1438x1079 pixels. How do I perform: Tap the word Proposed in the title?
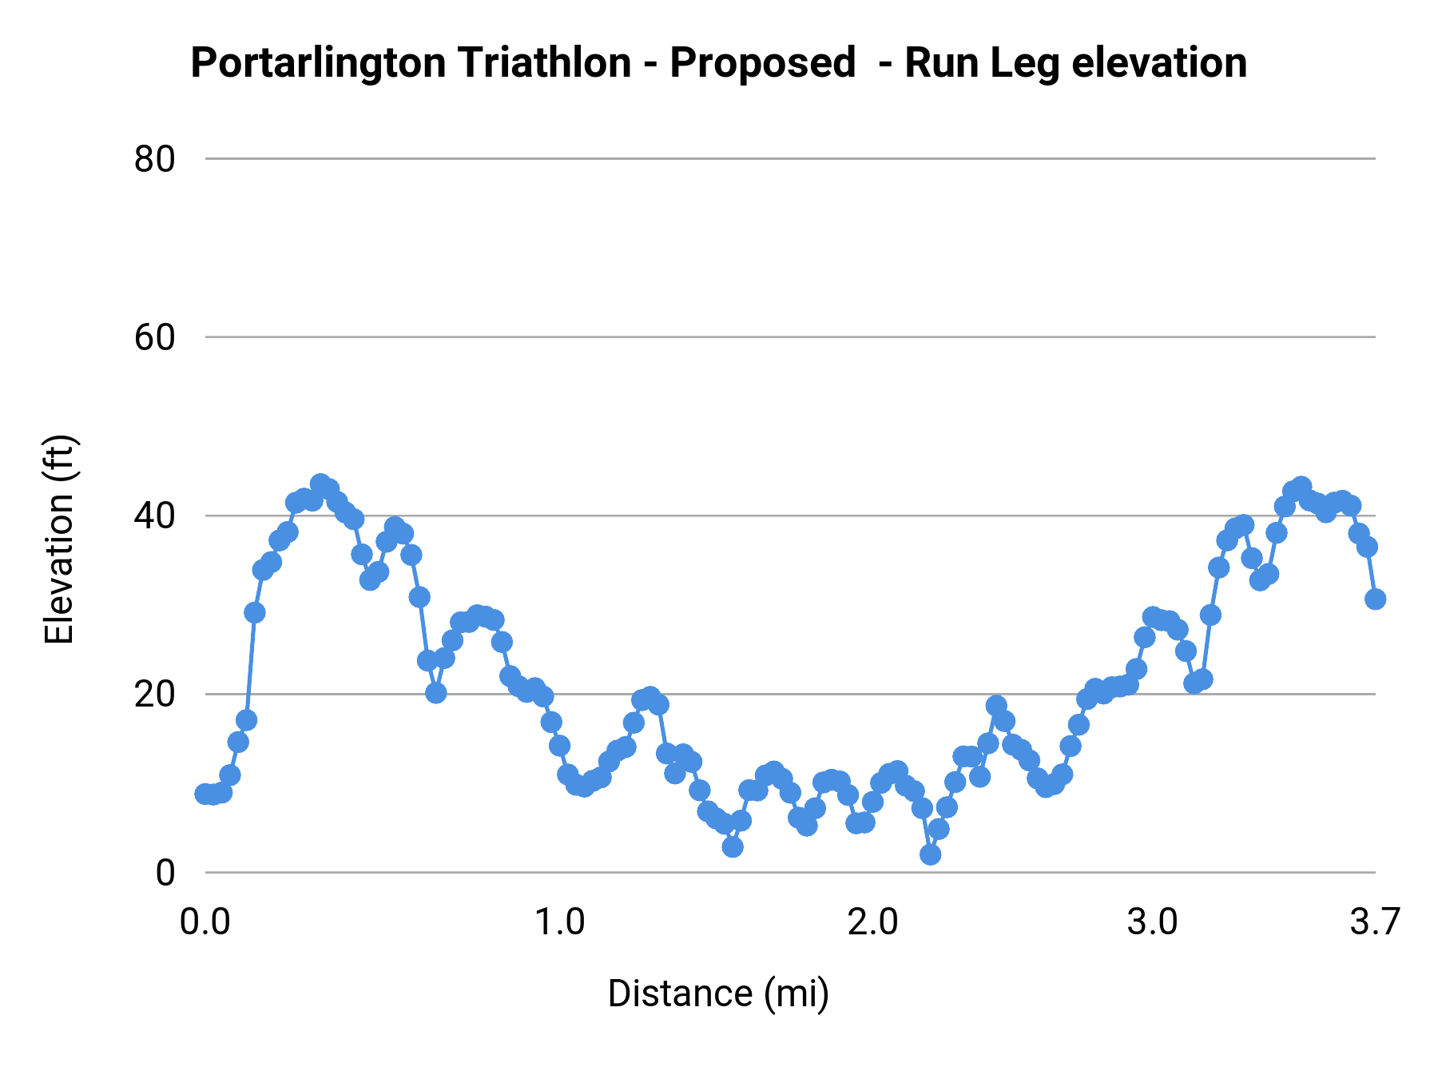point(762,63)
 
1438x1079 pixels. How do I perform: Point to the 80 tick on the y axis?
point(154,159)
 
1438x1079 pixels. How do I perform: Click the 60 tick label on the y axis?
point(154,337)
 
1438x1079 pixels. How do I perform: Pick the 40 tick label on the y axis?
point(154,516)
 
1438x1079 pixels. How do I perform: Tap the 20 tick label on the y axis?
point(154,695)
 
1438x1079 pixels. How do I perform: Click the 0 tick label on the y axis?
point(165,873)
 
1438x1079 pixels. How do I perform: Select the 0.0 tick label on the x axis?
point(205,922)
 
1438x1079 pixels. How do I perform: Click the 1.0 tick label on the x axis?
point(559,922)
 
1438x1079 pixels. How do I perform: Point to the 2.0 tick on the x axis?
point(873,922)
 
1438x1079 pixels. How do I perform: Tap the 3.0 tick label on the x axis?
point(1153,922)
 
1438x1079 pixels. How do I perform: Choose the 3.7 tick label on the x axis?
point(1375,922)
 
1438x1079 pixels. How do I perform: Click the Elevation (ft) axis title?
point(59,539)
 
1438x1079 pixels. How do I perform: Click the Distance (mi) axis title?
point(718,993)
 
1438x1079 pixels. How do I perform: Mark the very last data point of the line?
point(1375,599)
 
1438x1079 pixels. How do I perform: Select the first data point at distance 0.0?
point(205,794)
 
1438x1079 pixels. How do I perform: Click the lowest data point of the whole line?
point(930,854)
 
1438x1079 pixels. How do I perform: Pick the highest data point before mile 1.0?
point(320,484)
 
